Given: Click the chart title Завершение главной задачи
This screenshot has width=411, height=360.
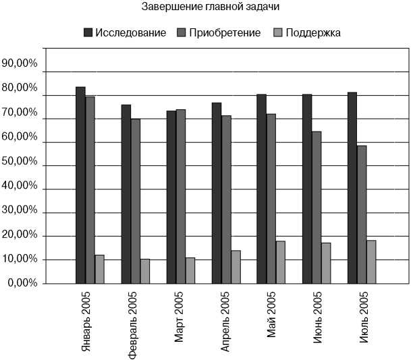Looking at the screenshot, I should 211,7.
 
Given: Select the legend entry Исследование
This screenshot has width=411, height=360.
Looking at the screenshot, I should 130,33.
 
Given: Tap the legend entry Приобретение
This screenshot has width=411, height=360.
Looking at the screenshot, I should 225,33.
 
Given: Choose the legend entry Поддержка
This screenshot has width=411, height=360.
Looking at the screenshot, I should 312,33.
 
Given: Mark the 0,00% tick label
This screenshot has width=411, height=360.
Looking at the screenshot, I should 22,282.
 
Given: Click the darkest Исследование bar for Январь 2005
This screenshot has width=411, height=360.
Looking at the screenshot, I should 80,185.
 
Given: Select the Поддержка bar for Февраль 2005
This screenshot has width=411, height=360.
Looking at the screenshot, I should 145,271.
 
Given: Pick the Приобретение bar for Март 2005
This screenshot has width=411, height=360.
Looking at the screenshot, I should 181,196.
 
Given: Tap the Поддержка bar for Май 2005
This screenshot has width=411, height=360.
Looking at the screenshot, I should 281,262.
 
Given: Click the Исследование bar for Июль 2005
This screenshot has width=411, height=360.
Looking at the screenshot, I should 352,187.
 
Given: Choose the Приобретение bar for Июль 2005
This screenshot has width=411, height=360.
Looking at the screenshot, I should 362,214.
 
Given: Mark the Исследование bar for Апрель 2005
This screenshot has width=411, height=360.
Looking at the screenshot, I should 217,193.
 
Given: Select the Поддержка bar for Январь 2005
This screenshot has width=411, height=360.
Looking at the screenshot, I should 99,269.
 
